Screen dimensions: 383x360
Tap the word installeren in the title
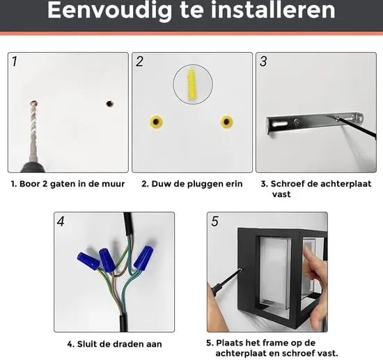pos(272,10)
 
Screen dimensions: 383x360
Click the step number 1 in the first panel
pos(15,61)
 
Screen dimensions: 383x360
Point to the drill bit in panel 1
pos(33,130)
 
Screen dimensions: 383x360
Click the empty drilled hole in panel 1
pos(110,104)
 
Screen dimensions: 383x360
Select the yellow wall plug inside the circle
pos(192,84)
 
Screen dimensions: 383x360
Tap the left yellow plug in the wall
pos(156,121)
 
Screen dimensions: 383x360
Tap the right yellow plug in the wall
pos(227,121)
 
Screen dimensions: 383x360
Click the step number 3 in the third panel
pos(263,61)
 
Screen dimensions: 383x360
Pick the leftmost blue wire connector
pos(88,261)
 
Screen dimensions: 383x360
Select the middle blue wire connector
pos(107,260)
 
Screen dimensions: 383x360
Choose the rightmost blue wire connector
pos(144,258)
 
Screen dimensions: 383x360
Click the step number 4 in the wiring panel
pos(61,221)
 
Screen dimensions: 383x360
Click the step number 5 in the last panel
pos(214,221)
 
